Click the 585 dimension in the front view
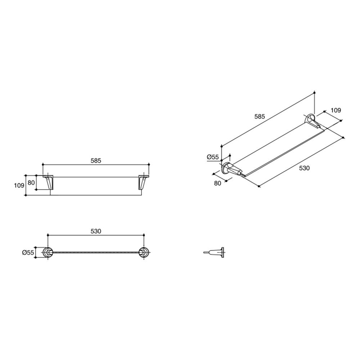95,161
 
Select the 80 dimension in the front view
31,183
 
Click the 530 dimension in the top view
96,231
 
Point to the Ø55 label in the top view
28,253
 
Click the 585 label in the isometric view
260,116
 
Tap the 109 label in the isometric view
335,110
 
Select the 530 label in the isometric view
304,168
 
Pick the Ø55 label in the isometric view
213,157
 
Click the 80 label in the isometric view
217,183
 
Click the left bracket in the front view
49,182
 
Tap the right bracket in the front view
143,182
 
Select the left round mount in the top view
47,253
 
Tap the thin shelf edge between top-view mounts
95,253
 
